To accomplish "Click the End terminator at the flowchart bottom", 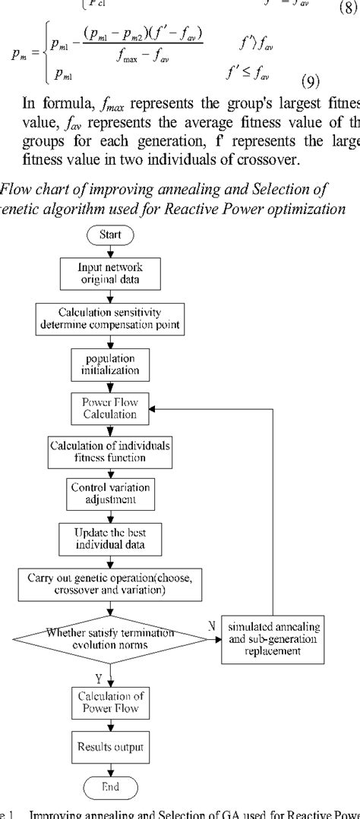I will tap(110, 785).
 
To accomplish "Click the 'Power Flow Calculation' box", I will tap(109, 409).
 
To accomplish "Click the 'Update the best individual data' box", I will tap(109, 538).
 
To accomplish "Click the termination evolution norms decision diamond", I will tap(109, 637).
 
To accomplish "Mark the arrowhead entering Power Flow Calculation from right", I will tap(152, 409).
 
